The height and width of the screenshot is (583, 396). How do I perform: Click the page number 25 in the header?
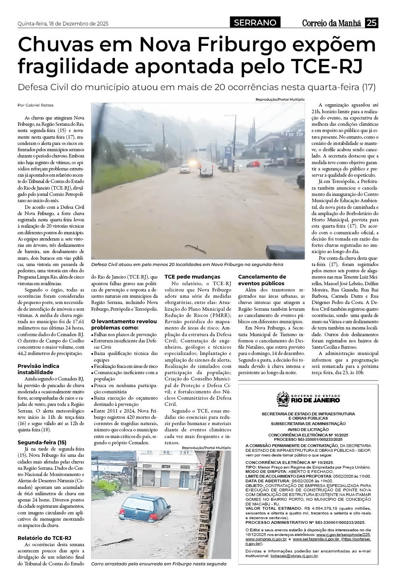click(371, 23)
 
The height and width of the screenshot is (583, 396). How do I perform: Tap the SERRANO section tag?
click(255, 23)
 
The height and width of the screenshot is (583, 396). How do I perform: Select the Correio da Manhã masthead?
click(331, 23)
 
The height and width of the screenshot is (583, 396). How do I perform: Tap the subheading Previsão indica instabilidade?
click(38, 369)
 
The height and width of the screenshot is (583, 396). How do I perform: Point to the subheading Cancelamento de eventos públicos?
click(262, 280)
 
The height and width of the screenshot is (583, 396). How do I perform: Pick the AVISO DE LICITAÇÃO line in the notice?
click(308, 429)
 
